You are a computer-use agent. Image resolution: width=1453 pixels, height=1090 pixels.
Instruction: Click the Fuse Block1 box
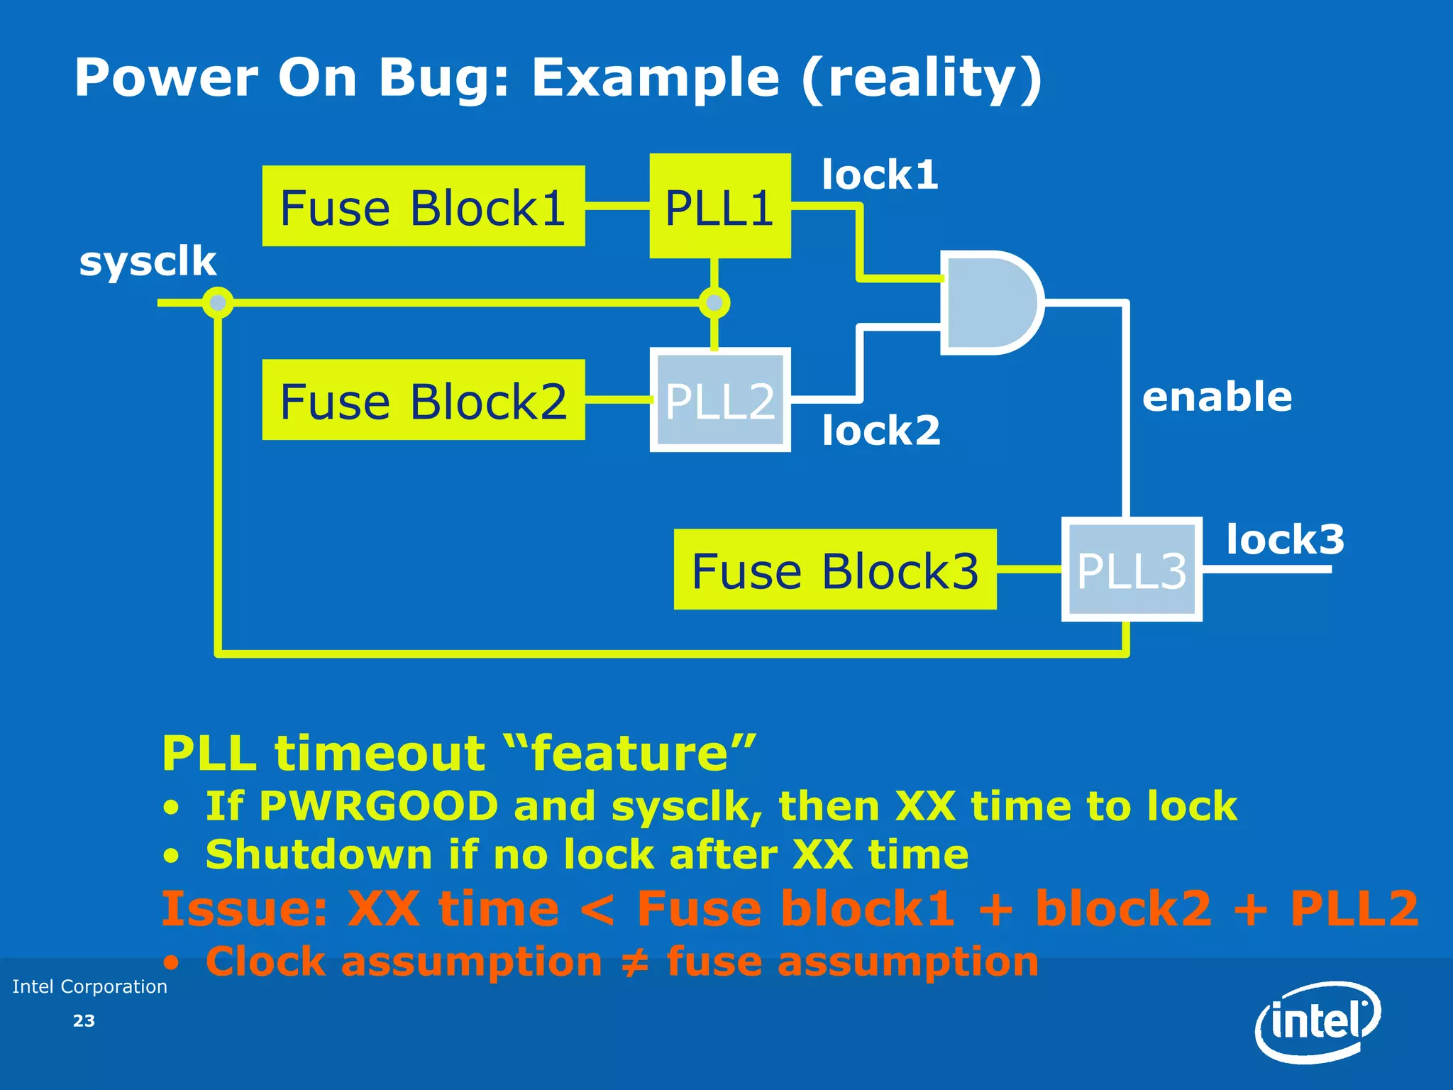pos(423,207)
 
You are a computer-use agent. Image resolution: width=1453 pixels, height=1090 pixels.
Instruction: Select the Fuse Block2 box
pos(423,400)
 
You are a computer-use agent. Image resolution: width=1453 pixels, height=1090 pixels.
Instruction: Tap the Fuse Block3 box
pos(834,570)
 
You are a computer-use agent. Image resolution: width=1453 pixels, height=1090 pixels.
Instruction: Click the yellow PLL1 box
pos(719,207)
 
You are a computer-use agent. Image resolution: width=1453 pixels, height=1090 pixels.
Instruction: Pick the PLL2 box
pos(719,400)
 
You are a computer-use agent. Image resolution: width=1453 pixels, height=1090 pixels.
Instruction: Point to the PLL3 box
pos(1131,570)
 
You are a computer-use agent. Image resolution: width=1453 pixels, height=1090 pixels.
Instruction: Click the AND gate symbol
pos(990,302)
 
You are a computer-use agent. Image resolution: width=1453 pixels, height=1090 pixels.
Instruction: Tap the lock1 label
pos(880,175)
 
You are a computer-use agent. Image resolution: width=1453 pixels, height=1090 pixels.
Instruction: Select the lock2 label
pos(880,430)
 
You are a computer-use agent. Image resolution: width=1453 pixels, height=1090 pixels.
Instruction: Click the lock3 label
pos(1285,539)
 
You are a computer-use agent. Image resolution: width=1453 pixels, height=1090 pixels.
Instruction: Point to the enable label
pos(1217,396)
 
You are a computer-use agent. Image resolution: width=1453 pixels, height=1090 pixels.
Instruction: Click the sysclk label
pos(148,261)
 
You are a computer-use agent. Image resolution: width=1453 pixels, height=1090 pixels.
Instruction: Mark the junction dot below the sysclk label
pos(218,303)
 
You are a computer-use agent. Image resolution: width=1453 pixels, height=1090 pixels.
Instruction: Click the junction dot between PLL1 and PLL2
pos(714,303)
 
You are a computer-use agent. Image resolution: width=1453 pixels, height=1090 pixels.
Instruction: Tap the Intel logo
pos(1317,1022)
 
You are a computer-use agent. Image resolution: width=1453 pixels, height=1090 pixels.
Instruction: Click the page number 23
pos(84,1021)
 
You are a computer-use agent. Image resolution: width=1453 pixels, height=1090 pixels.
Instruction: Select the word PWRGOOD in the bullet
pos(378,806)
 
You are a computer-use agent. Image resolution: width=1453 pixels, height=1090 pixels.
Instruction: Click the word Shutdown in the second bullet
pos(319,854)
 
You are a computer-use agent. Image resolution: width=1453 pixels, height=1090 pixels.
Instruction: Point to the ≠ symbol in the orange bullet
pos(634,963)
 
